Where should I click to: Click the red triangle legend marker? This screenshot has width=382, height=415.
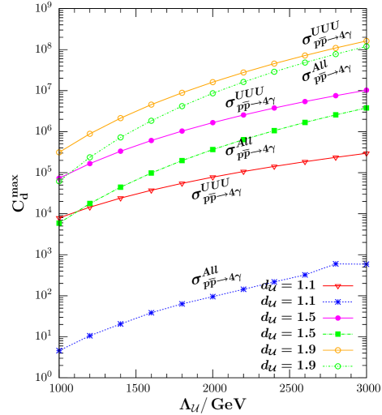(x=337, y=285)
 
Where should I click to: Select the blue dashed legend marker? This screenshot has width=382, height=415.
(x=337, y=302)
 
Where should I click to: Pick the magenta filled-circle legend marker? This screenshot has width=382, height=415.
(x=337, y=318)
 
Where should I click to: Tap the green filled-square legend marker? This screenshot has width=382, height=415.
(x=337, y=334)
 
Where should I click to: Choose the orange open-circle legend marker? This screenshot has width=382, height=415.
(x=337, y=350)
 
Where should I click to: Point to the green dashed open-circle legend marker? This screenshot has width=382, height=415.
(x=337, y=366)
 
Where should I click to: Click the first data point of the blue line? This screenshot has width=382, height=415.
(x=59, y=351)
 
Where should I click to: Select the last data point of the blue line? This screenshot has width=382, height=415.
(x=367, y=264)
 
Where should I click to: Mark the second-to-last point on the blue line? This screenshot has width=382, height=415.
(x=336, y=264)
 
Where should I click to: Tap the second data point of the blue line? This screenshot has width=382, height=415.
(x=90, y=335)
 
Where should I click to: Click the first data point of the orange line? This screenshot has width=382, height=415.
(x=59, y=152)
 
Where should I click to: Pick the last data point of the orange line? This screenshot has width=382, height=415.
(x=367, y=41)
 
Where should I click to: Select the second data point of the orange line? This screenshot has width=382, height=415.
(x=90, y=134)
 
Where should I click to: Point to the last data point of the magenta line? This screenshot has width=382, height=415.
(x=367, y=90)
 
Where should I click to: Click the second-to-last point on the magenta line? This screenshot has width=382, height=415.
(x=336, y=96)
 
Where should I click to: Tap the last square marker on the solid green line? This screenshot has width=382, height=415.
(x=367, y=108)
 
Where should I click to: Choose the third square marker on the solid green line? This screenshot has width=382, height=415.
(x=121, y=187)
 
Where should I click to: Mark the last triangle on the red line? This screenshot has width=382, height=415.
(x=367, y=153)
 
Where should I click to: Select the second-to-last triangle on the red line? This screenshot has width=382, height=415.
(x=336, y=158)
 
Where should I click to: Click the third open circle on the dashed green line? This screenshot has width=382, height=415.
(x=121, y=138)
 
